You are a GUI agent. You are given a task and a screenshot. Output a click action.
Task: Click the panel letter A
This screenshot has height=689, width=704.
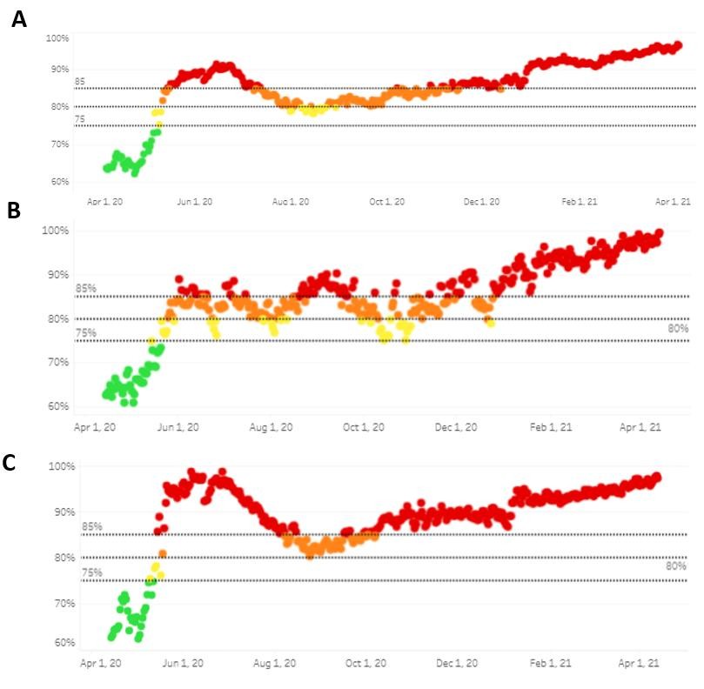tap(18, 19)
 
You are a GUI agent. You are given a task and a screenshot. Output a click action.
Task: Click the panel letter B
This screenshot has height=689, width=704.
tap(13, 211)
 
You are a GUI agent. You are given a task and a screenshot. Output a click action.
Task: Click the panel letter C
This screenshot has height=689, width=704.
tap(10, 462)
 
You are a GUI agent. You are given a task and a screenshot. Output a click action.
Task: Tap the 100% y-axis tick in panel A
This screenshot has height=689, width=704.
tap(57, 39)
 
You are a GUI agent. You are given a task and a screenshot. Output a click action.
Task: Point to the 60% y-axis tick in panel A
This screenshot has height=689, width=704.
tap(59, 182)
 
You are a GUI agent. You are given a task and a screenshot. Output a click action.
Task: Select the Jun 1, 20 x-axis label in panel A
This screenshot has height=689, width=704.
tap(195, 202)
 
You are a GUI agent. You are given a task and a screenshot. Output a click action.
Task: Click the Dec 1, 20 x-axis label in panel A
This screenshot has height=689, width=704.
tap(481, 202)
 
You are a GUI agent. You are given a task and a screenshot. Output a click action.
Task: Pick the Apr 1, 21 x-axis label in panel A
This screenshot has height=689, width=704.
tap(673, 202)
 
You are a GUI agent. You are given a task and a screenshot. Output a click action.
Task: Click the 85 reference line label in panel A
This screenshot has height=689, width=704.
tap(79, 82)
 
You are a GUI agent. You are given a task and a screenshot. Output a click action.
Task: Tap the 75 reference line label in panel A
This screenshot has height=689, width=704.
tap(79, 119)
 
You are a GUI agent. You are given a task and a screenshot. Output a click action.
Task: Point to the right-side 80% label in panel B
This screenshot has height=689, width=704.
tap(678, 329)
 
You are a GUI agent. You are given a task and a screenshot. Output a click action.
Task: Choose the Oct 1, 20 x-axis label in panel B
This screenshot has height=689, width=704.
tap(361, 427)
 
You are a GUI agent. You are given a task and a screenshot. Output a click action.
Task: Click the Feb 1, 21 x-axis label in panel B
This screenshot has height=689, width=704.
tap(552, 427)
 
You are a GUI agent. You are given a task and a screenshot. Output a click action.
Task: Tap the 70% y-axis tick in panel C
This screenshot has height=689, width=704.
tap(66, 603)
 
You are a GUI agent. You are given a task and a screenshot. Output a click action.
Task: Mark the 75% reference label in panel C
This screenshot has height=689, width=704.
tap(92, 572)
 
